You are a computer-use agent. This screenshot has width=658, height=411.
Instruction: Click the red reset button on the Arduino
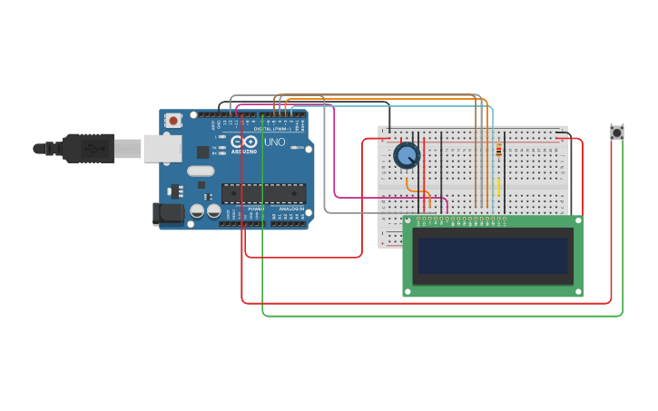(x=173, y=120)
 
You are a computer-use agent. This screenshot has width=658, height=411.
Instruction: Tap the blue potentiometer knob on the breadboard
(x=407, y=156)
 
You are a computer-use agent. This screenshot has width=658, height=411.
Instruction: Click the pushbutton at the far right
(x=617, y=132)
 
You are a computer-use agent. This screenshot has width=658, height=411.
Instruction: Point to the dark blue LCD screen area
(x=493, y=255)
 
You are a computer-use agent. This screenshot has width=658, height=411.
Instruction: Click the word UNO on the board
(x=274, y=142)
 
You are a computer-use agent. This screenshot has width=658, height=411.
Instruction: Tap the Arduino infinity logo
(x=243, y=142)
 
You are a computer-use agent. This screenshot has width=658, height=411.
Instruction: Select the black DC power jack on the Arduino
(x=169, y=214)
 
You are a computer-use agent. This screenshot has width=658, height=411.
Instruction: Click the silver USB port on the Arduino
(x=162, y=148)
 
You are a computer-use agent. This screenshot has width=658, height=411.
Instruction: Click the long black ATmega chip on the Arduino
(x=263, y=193)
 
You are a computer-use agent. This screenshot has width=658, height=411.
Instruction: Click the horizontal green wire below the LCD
(x=436, y=316)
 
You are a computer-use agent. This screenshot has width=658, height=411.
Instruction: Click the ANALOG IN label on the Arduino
(x=291, y=209)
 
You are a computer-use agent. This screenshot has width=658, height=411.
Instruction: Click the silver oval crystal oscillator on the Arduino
(x=201, y=171)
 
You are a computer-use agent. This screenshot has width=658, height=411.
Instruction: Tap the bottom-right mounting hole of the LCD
(x=576, y=290)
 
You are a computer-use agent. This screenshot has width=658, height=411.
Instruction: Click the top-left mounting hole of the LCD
(x=408, y=220)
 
